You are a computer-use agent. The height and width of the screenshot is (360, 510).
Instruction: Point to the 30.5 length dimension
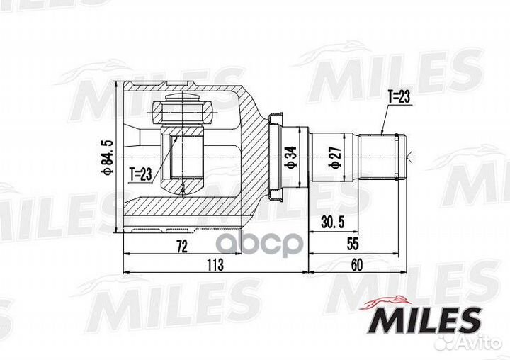(331, 222)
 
